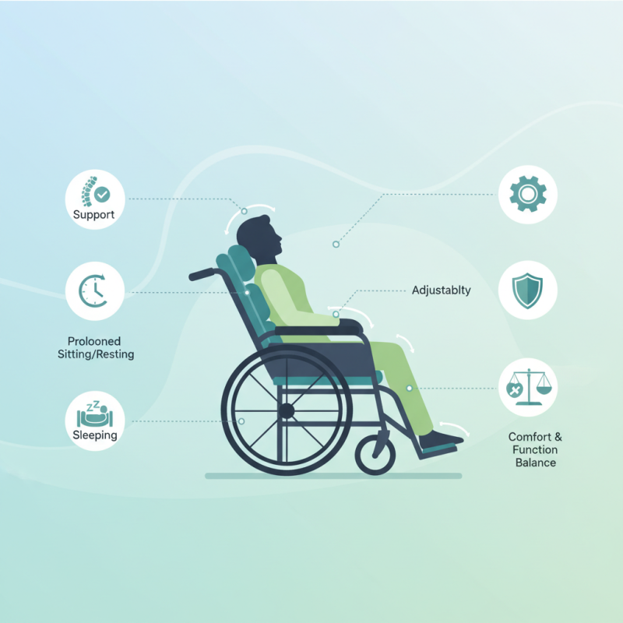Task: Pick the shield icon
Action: pos(528,290)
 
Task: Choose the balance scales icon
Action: pos(528,386)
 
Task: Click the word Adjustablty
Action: pos(442,290)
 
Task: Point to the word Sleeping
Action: pos(94,435)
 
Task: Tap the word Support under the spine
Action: pos(93,214)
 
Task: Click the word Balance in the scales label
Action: pos(535,463)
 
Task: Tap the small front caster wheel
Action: pos(375,454)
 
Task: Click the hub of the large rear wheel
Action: pos(287,409)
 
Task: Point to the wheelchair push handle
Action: pos(202,274)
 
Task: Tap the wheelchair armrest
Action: pos(319,331)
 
